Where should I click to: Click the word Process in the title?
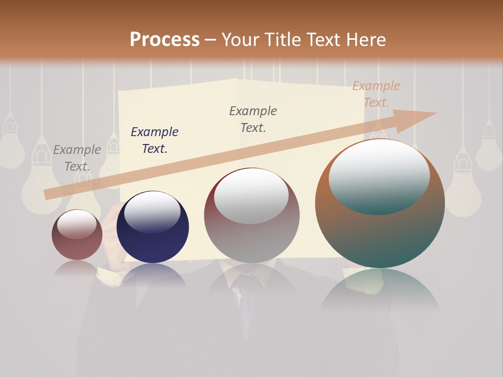[165, 39]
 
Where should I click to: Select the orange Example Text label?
[376, 94]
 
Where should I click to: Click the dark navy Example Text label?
[154, 140]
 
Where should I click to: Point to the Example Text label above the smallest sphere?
[76, 158]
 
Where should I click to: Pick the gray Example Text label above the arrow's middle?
[253, 119]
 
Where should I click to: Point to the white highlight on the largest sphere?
[379, 175]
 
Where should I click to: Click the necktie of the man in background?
[245, 304]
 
